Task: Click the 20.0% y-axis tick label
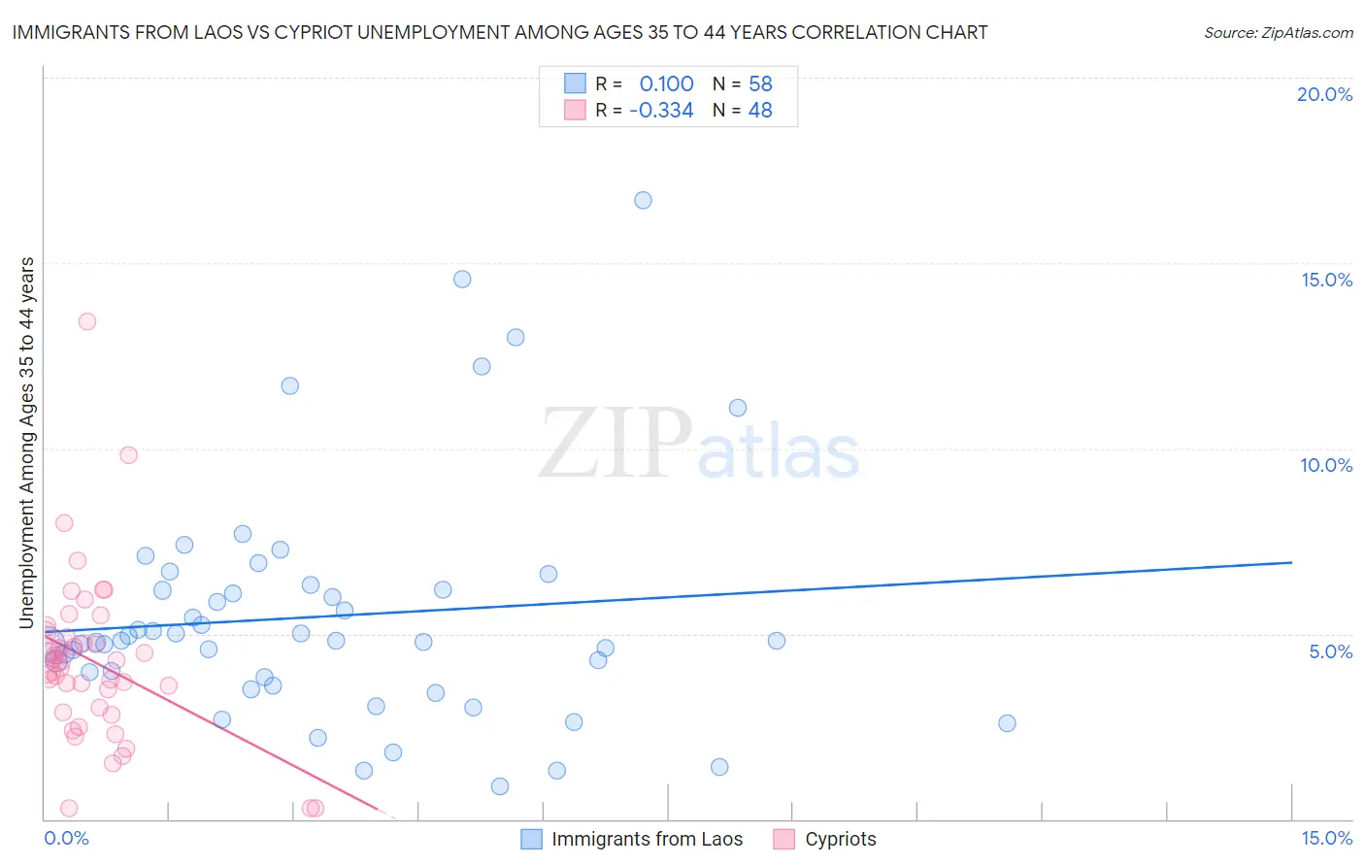tap(1324, 94)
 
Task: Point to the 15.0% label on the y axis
tap(1326, 280)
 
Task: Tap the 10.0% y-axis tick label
tap(1326, 465)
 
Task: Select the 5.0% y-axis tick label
tap(1330, 651)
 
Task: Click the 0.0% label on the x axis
tap(66, 838)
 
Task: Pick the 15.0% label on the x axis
tap(1326, 838)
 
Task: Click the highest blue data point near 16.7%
tap(643, 200)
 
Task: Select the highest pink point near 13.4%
tap(87, 321)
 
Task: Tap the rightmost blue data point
tap(1007, 723)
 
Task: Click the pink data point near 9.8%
tap(128, 454)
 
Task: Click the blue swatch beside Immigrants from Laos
tap(531, 839)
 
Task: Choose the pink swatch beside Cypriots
tap(784, 839)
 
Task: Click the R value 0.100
tap(666, 84)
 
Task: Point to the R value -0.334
tap(661, 111)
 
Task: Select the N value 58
tap(760, 84)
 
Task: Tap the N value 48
tap(760, 111)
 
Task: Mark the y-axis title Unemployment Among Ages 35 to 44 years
tap(27, 443)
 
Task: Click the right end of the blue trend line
tap(1291, 562)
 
